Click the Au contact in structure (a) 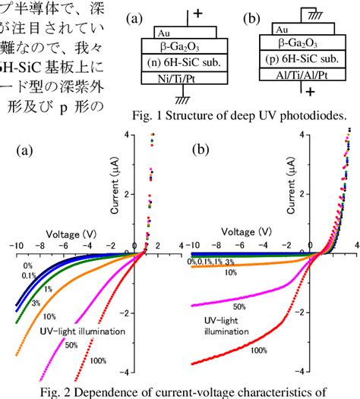click(x=163, y=33)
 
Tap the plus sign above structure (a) click(x=200, y=14)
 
